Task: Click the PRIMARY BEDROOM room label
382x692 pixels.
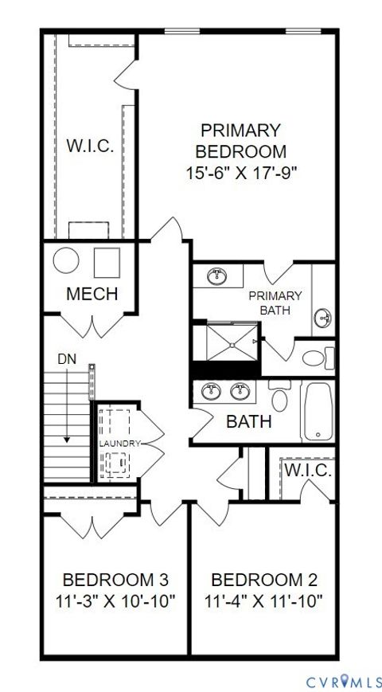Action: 240,140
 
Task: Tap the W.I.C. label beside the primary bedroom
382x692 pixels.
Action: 89,146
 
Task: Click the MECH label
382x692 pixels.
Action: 92,293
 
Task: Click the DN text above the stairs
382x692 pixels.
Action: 67,359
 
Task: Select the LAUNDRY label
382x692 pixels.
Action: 119,444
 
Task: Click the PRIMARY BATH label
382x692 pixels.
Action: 275,303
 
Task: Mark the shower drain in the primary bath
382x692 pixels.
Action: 232,345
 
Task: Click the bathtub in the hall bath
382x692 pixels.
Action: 318,412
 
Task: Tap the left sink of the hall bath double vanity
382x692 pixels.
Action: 212,391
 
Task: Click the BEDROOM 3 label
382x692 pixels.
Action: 115,579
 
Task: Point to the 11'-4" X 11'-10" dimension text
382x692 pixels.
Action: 263,601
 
